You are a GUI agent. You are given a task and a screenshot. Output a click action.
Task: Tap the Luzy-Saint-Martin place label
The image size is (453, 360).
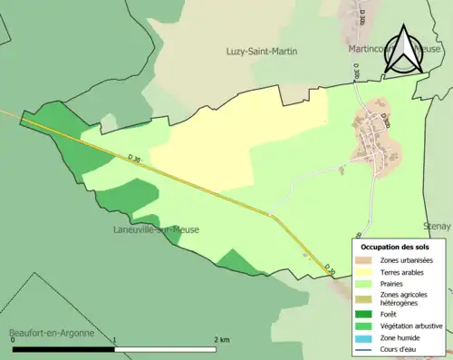pyautogui.click(x=262, y=52)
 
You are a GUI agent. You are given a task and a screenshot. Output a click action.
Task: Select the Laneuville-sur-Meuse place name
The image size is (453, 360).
pyautogui.click(x=156, y=230)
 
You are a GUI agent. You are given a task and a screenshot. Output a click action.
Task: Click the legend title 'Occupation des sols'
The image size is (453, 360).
pyautogui.click(x=395, y=247)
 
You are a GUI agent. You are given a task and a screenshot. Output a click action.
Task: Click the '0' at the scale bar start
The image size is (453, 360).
pyautogui.click(x=13, y=339)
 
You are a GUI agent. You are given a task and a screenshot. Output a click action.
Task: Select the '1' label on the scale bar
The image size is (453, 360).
pyautogui.click(x=114, y=339)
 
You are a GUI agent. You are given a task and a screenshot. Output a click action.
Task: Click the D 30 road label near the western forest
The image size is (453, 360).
pyautogui.click(x=135, y=159)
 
